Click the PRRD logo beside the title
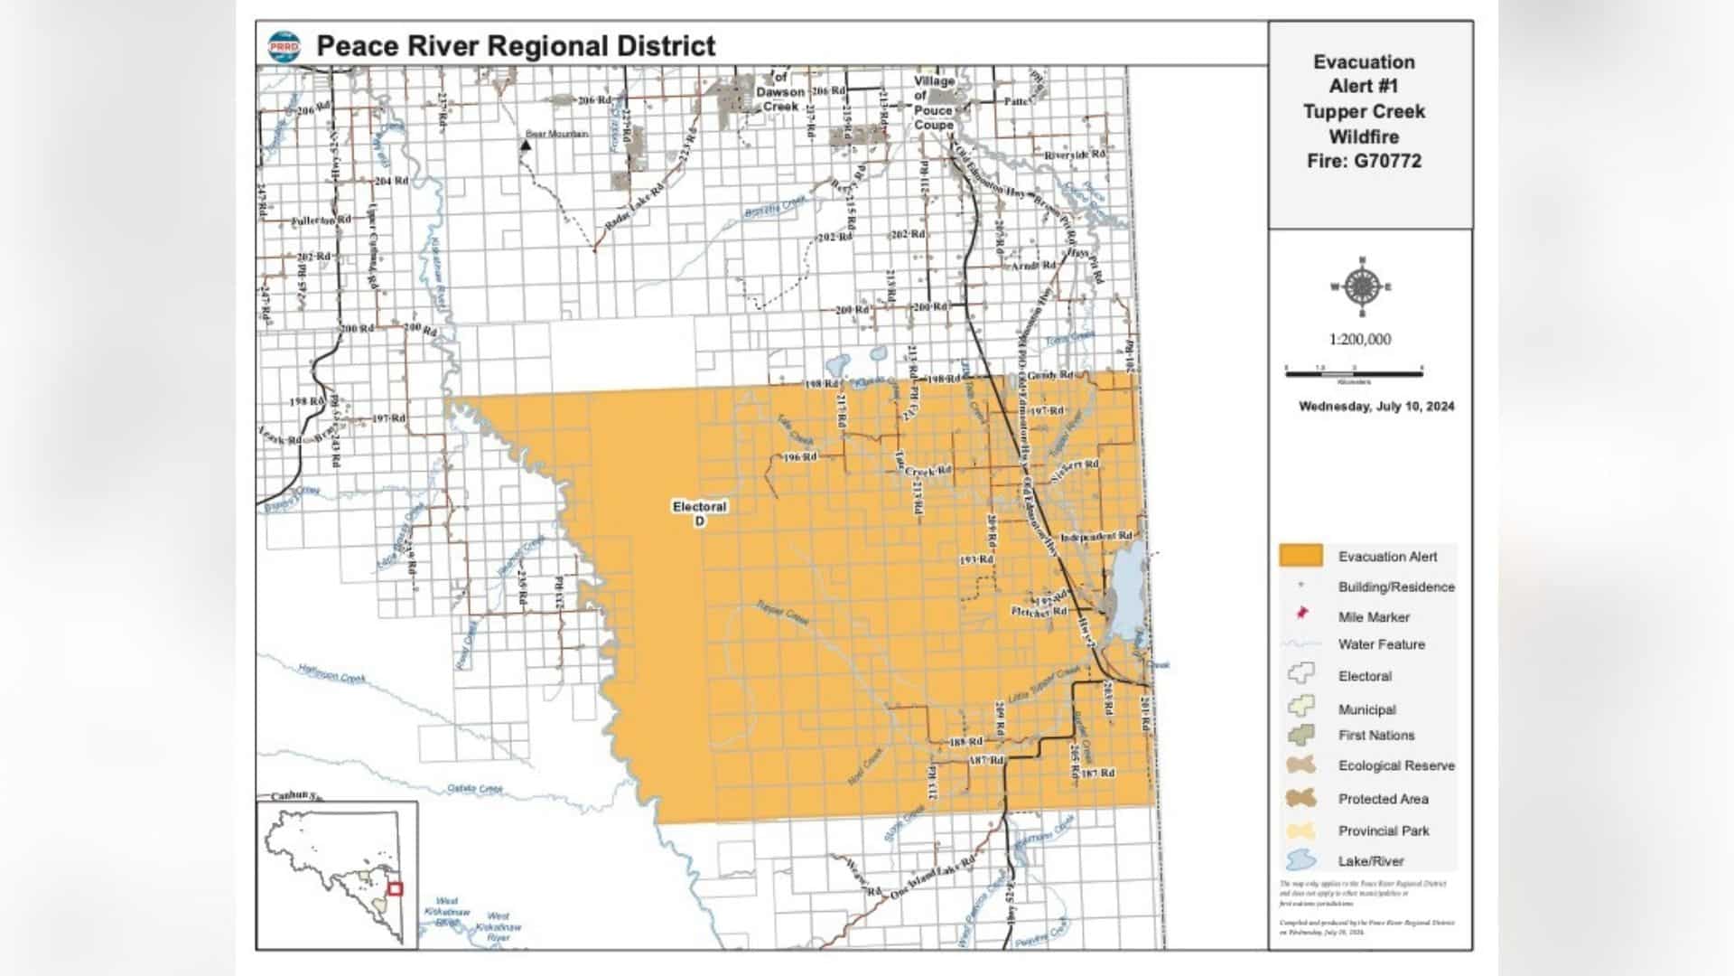click(x=284, y=47)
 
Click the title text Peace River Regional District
click(x=515, y=46)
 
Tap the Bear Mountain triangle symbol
click(x=526, y=144)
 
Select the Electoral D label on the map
click(x=699, y=513)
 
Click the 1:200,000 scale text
click(x=1359, y=339)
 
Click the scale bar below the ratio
click(x=1353, y=371)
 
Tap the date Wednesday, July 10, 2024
click(x=1376, y=407)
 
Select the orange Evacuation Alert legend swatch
click(x=1300, y=556)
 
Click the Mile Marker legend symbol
click(x=1301, y=615)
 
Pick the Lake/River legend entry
click(x=1370, y=861)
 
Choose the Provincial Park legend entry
click(x=1383, y=831)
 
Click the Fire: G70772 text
click(x=1364, y=161)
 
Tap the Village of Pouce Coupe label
click(x=933, y=102)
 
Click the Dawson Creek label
click(x=779, y=99)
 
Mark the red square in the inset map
click(x=395, y=889)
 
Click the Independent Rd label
click(x=1095, y=537)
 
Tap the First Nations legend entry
click(x=1375, y=736)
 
